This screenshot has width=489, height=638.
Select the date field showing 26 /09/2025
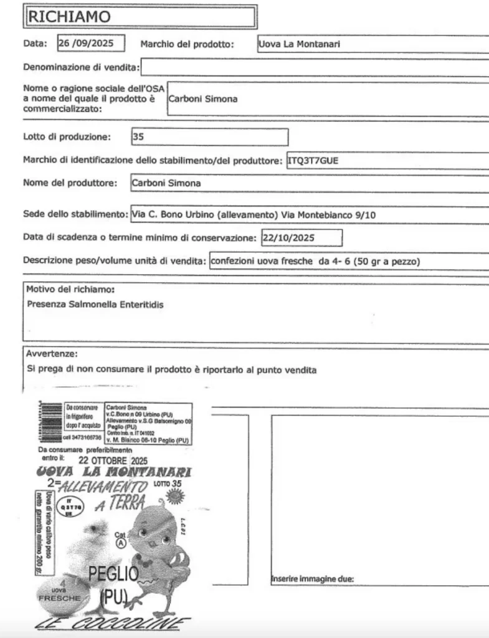tap(90, 44)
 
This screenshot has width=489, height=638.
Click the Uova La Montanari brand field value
tap(299, 44)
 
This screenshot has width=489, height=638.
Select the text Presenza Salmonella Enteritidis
tap(95, 305)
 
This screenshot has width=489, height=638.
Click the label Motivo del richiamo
tap(70, 290)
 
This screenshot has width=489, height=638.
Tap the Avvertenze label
tap(52, 354)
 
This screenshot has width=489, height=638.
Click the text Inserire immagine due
tap(312, 579)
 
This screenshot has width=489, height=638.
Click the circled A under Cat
tap(121, 542)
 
